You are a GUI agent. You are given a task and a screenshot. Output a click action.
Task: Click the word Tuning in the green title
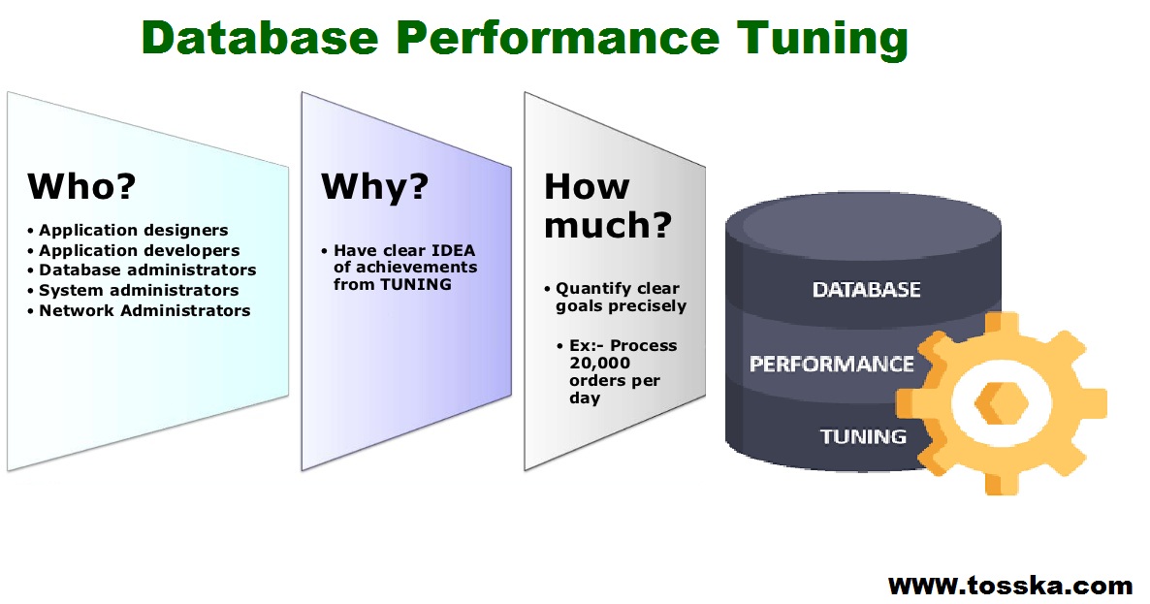click(822, 39)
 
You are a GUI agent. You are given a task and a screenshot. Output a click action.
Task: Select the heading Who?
click(81, 186)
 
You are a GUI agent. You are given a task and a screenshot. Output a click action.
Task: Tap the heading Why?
click(375, 188)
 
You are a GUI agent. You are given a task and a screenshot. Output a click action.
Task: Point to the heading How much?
click(607, 206)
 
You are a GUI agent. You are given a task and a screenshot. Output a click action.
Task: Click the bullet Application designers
click(128, 230)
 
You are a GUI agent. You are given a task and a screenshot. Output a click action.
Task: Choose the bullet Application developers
click(134, 250)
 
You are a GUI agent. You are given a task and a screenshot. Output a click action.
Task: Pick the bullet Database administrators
click(142, 270)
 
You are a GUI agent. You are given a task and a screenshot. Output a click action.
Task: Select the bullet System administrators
click(133, 290)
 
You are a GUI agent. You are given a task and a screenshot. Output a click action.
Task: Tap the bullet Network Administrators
click(139, 310)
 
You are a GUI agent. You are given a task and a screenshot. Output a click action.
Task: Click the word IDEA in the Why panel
click(453, 250)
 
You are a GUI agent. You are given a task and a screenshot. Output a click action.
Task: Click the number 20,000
click(599, 363)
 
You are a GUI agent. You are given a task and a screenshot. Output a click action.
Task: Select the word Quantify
click(593, 289)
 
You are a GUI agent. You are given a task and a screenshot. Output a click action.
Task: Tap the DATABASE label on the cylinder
click(866, 290)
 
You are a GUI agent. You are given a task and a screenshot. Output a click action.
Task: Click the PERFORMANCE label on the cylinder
click(831, 364)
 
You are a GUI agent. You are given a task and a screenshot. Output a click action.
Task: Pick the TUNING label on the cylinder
click(863, 437)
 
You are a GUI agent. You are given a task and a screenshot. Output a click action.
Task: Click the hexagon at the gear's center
click(1002, 403)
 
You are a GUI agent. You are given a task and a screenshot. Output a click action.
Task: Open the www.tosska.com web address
click(1010, 586)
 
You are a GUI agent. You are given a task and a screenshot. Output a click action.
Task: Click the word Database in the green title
click(260, 38)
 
